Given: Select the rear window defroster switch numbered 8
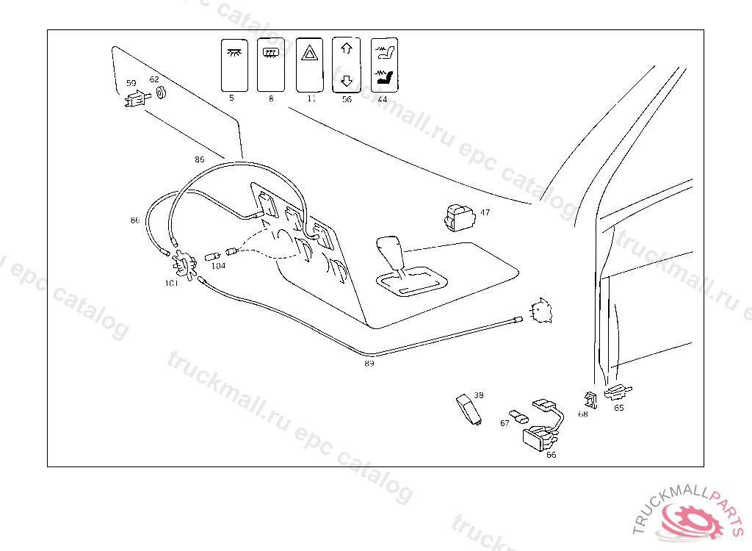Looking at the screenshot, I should pos(272,65).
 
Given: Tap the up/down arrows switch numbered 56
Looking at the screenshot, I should pos(347,65).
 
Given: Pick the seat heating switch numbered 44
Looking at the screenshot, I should pos(383,65).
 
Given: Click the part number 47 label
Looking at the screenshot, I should pos(485,213).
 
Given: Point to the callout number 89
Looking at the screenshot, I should pos(369,363).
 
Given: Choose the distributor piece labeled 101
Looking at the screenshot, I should pos(184,263).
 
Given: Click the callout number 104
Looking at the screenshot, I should pos(218,266).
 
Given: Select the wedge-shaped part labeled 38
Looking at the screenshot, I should pos(469,408).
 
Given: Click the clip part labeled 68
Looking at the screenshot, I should pos(590,400).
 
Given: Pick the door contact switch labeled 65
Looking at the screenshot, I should pos(616,392).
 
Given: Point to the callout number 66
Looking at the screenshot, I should pos(552,455).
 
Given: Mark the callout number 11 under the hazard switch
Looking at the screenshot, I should pos(311,98).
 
